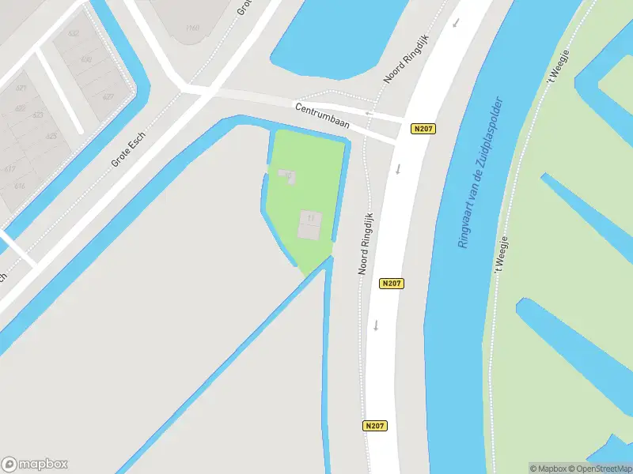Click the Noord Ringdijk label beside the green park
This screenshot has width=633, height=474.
click(x=367, y=242)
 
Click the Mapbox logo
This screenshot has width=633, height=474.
click(x=35, y=465)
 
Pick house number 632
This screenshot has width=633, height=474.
click(x=74, y=34)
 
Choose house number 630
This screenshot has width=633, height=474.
click(x=85, y=59)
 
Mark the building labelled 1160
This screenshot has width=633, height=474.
click(x=191, y=28)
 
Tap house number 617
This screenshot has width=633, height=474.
click(x=10, y=168)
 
